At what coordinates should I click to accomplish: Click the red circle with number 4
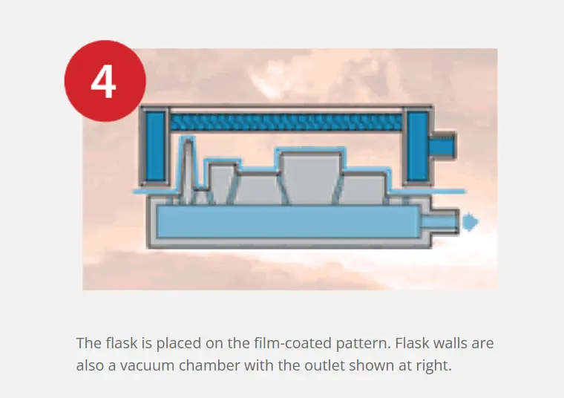(x=105, y=81)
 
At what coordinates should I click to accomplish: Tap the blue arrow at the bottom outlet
(x=470, y=222)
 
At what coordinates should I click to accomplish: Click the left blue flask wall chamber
(x=156, y=146)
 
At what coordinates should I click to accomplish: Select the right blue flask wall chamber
(x=417, y=146)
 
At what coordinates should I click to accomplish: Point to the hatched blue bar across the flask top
(x=286, y=123)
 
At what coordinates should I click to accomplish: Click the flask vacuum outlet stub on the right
(x=442, y=146)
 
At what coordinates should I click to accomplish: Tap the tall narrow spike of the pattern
(x=188, y=166)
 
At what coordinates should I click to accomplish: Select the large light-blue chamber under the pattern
(x=288, y=222)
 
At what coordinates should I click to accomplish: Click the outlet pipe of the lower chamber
(x=439, y=222)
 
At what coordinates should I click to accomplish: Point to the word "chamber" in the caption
(x=209, y=365)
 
